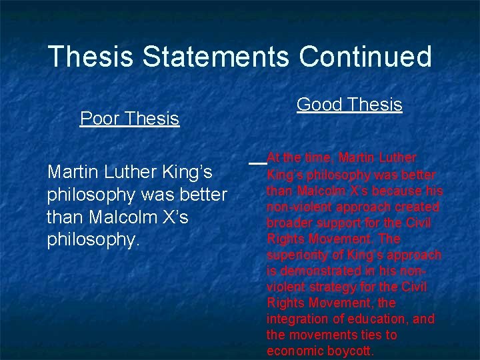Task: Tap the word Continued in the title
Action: [365, 57]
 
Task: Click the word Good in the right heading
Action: [318, 105]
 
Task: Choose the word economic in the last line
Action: [293, 351]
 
